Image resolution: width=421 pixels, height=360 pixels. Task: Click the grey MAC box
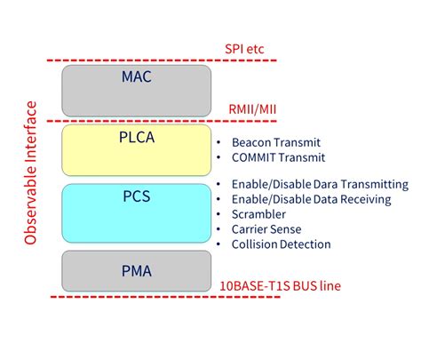[136, 89]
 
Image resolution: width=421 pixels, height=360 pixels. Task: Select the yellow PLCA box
[136, 149]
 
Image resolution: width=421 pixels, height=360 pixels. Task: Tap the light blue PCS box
[136, 212]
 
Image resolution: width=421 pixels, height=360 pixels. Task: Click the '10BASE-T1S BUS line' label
[280, 286]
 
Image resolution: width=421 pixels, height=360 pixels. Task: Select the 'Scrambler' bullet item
[260, 214]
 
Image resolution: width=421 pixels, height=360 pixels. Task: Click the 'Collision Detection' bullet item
[280, 244]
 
